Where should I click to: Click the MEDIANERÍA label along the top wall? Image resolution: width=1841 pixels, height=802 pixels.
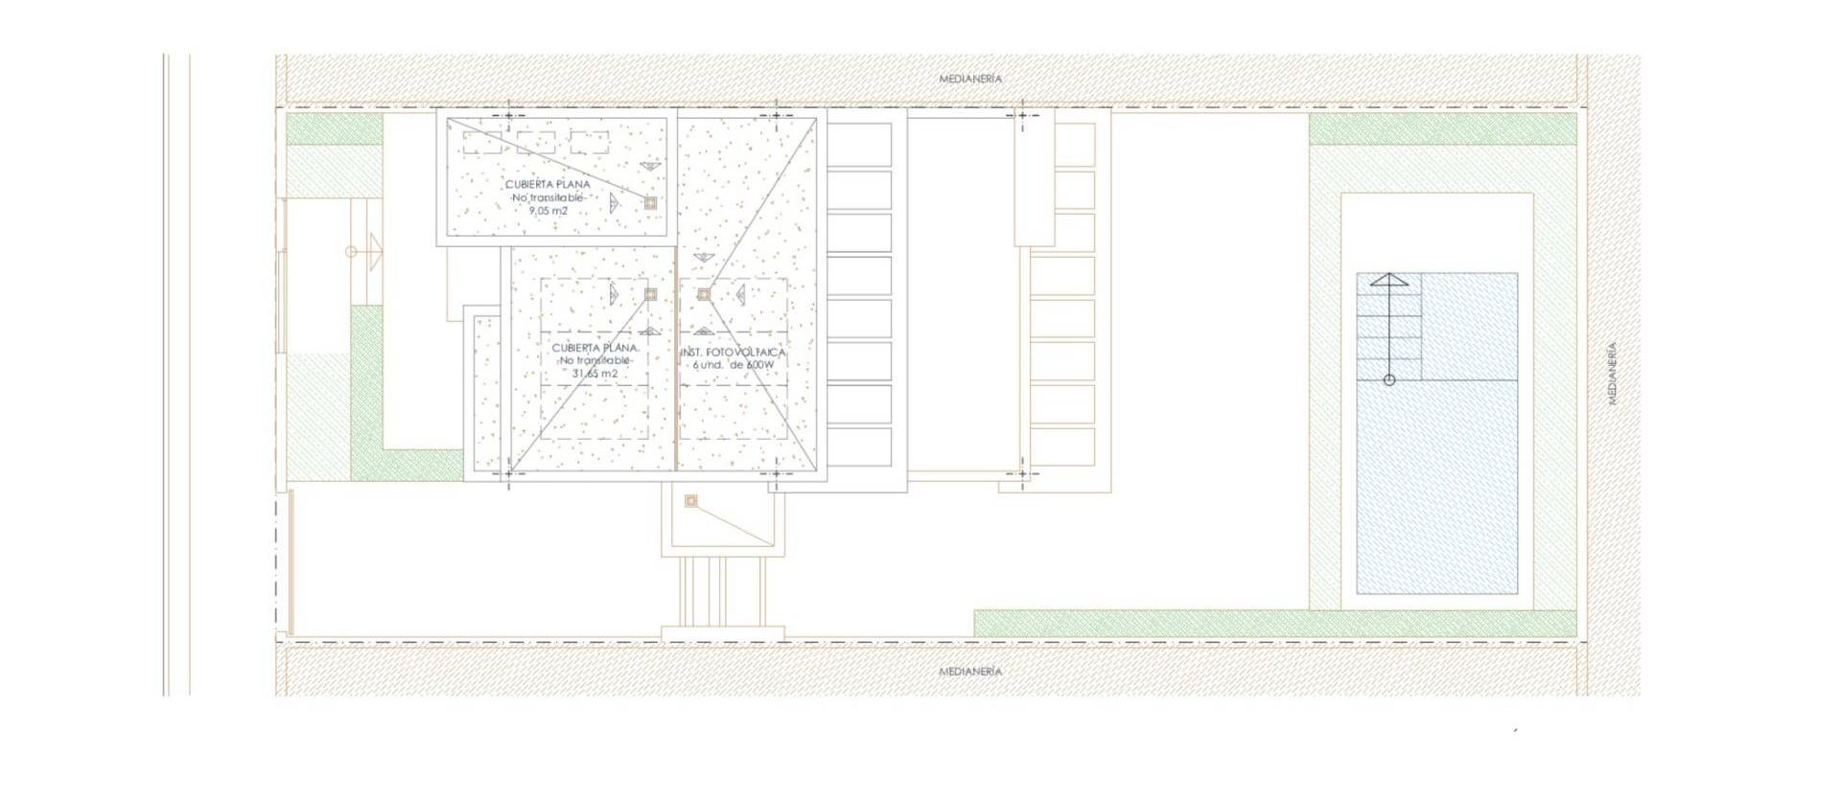coord(970,79)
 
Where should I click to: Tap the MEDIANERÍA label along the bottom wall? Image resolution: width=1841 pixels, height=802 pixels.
coord(970,672)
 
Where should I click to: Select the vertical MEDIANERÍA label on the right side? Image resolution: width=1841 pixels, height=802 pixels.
coord(1612,374)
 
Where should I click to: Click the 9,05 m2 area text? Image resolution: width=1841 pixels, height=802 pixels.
coord(548,211)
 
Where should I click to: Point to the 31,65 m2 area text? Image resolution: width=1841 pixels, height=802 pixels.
coord(594,374)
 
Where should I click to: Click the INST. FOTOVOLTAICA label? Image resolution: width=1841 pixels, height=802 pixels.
coord(734,353)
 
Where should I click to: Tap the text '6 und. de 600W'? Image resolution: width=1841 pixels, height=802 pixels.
coord(734,365)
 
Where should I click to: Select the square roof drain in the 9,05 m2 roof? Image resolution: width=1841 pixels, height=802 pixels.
coord(650,203)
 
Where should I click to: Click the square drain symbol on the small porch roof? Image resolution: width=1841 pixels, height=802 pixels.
coord(690,501)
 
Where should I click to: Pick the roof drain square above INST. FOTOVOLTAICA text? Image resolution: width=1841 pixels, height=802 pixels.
coord(703,294)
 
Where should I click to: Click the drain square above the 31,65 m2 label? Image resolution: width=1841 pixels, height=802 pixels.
coord(650,294)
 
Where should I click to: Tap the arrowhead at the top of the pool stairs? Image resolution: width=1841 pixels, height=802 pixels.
coord(1388,281)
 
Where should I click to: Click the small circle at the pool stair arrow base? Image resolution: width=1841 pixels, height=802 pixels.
coord(1389,380)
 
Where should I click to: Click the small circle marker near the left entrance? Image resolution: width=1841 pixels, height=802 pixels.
coord(351,252)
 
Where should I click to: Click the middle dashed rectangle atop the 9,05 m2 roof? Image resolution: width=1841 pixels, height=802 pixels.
coord(536,143)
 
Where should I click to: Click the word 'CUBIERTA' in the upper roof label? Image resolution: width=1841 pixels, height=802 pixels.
coord(529,184)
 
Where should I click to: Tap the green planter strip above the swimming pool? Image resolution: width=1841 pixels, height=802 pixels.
coord(1442,128)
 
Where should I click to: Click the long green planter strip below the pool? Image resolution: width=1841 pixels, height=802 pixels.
coord(1275,624)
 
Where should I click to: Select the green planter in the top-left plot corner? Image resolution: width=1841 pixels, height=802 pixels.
coord(334,128)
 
